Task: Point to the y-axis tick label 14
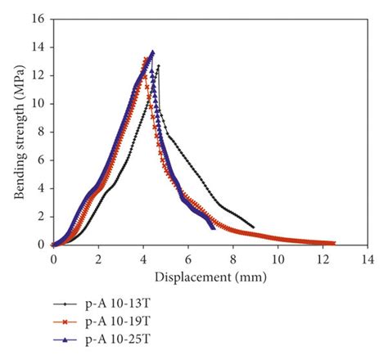point(37,47)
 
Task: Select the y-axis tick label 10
point(37,104)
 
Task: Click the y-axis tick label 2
point(39,216)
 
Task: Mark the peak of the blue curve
point(152,52)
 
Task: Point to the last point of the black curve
point(253,227)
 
